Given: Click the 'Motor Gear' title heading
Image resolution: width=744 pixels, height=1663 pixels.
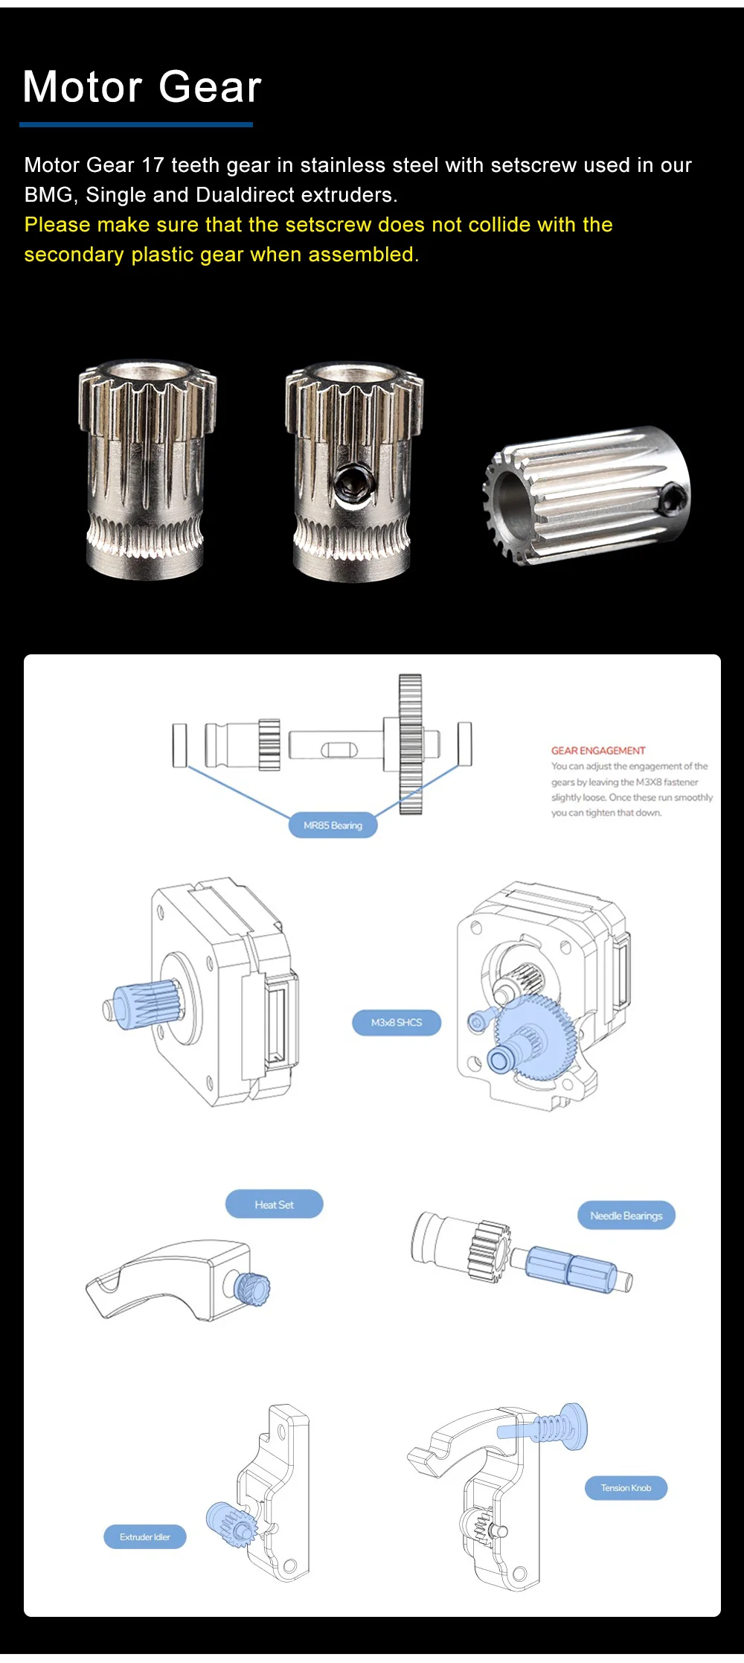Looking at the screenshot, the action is click(142, 87).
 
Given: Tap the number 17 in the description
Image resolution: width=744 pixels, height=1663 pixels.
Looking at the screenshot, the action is click(153, 165).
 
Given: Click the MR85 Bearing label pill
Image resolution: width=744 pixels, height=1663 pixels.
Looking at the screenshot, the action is click(333, 825).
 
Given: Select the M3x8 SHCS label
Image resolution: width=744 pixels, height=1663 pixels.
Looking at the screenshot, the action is click(397, 1022).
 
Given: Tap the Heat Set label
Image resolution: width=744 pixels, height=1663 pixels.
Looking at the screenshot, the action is click(274, 1204).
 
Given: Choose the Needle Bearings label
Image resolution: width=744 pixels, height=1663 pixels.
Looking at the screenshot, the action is click(626, 1216).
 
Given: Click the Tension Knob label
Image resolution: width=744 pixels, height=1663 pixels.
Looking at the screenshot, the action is click(626, 1488).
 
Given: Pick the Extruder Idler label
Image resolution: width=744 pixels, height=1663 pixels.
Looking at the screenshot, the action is click(145, 1537).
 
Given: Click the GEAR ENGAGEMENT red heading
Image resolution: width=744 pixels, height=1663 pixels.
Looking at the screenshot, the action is click(598, 750).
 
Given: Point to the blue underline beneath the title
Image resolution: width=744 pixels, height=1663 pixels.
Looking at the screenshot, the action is click(136, 125).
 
